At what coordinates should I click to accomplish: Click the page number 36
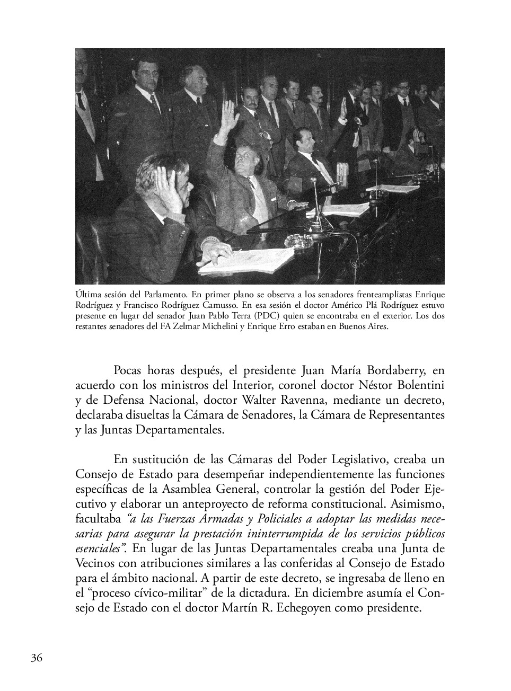(x=37, y=658)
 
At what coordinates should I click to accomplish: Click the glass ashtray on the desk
(x=298, y=242)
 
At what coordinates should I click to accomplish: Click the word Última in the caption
(x=88, y=295)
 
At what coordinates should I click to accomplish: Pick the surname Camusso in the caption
(x=240, y=305)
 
